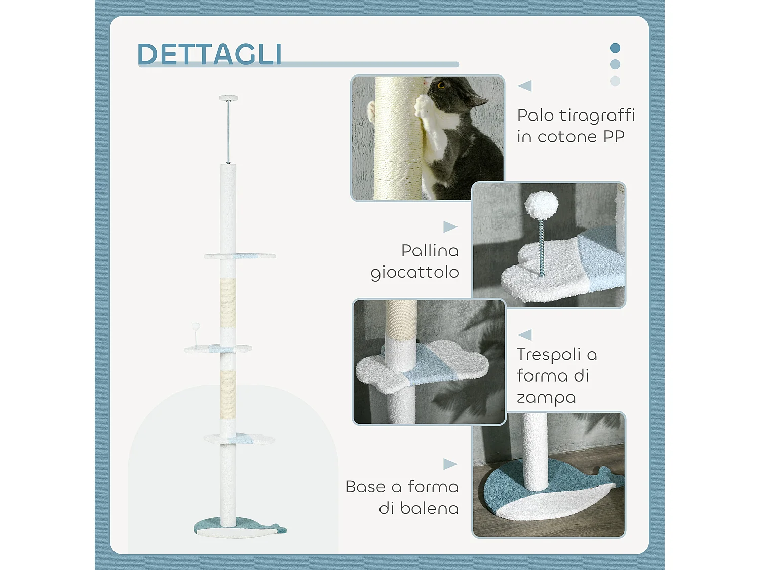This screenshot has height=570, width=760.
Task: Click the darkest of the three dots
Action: coord(615,48)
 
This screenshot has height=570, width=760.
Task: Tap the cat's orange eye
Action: coord(441,85)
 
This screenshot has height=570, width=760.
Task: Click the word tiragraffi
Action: coord(597,116)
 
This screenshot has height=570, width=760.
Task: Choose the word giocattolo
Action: coord(414,273)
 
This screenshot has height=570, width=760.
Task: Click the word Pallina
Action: coord(430,250)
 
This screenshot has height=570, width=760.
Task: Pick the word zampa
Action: coord(546,398)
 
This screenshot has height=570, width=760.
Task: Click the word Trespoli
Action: coord(549,354)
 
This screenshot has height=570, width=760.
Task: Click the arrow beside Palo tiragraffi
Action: coord(525,86)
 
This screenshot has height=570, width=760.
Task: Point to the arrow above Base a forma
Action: coord(450,464)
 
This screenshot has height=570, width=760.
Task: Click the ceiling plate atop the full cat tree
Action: coord(228,98)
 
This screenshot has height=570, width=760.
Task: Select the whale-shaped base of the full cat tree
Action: coord(238,528)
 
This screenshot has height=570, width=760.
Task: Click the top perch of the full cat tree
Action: coord(240,256)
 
